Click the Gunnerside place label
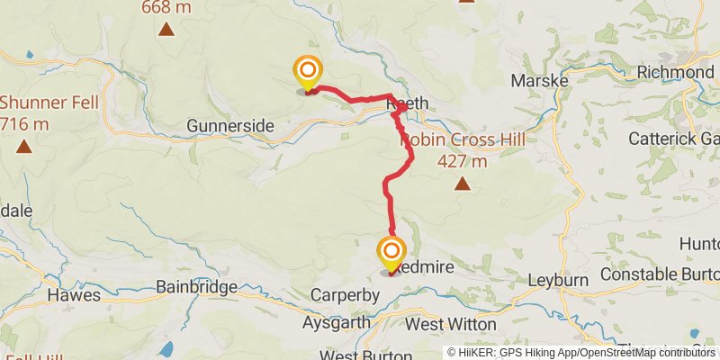[229, 126]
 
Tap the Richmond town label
[675, 72]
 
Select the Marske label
[539, 81]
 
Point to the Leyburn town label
[557, 280]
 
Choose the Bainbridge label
[196, 288]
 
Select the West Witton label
[451, 323]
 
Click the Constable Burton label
[660, 274]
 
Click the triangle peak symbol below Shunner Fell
[23, 145]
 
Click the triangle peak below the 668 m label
[166, 29]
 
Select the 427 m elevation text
[462, 162]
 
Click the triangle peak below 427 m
[462, 184]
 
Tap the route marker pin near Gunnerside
[308, 71]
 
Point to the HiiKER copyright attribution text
[581, 353]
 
